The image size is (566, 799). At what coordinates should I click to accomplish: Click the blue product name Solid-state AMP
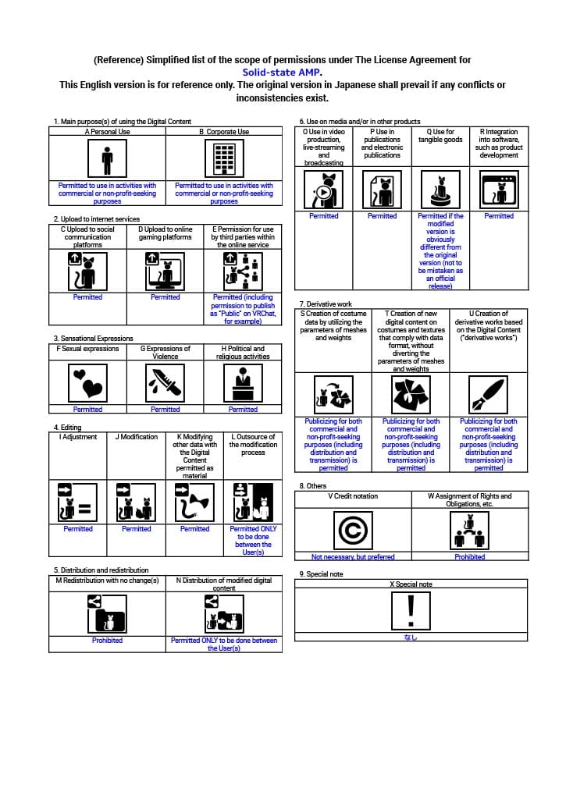tap(283, 73)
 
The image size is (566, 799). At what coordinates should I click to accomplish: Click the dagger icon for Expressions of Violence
tap(166, 381)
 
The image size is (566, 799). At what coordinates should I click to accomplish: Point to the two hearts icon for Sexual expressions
tap(87, 381)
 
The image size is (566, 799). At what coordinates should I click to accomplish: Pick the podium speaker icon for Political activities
tap(243, 381)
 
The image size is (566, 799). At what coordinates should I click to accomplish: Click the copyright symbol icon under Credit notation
tap(353, 530)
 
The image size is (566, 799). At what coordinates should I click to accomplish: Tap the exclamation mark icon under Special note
tap(411, 610)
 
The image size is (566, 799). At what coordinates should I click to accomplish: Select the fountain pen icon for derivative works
tap(489, 394)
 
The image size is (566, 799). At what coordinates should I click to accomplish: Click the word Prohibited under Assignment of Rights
tap(470, 557)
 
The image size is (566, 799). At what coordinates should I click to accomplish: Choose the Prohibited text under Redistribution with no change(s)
tap(107, 641)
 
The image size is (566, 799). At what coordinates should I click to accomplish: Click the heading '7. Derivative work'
tap(326, 304)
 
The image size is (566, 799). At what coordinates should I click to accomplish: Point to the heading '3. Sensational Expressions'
tap(93, 339)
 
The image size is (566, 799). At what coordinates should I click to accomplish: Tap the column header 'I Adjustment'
tap(78, 437)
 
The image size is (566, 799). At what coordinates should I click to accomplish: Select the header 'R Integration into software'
tap(499, 144)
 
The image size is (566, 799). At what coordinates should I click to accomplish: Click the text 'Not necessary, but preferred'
tap(353, 557)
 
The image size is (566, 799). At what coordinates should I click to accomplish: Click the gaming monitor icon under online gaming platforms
tap(166, 271)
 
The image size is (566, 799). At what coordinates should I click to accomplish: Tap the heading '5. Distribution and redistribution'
tap(101, 570)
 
